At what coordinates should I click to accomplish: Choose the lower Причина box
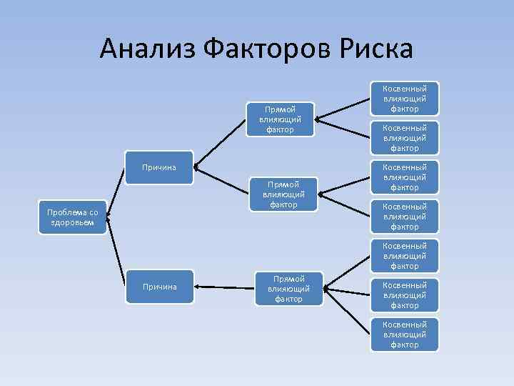[160, 287]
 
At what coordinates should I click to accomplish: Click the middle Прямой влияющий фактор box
[283, 194]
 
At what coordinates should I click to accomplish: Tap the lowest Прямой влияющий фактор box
[288, 288]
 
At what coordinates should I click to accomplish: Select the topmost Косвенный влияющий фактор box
[405, 98]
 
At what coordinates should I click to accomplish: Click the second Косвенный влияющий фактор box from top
[405, 137]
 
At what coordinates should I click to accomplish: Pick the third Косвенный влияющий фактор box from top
[405, 177]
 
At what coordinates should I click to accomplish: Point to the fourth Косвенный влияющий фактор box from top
[405, 216]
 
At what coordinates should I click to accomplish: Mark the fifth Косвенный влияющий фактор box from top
[405, 255]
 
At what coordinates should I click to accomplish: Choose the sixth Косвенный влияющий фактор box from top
[405, 295]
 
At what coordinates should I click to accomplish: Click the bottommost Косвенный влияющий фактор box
[405, 334]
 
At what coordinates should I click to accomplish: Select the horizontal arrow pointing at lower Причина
[225, 287]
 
